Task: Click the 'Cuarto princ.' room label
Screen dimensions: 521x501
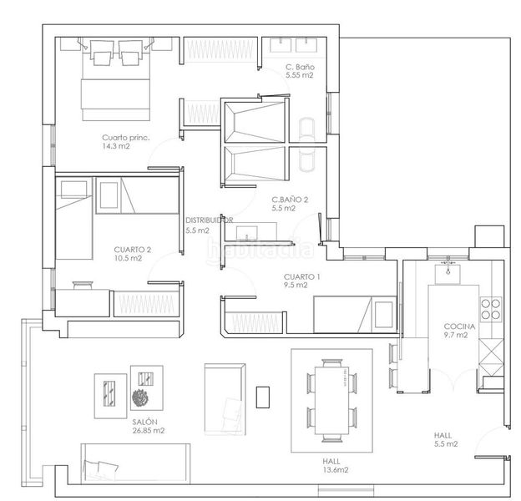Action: click(x=126, y=138)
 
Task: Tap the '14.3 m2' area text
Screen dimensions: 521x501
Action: click(x=116, y=146)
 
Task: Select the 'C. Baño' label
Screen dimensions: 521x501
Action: click(x=300, y=67)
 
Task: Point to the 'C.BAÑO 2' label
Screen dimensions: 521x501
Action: click(x=290, y=200)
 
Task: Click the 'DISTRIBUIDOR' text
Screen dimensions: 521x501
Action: click(x=210, y=220)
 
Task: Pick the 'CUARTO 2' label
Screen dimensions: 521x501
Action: click(x=132, y=250)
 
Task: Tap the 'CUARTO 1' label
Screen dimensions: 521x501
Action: click(x=301, y=276)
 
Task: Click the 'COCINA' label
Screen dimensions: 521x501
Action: click(x=459, y=326)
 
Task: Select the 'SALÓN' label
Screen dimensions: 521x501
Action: click(x=145, y=422)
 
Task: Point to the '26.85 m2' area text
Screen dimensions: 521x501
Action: click(x=149, y=431)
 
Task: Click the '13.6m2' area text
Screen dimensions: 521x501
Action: click(x=336, y=470)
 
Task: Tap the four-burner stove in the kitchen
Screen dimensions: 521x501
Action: click(x=490, y=309)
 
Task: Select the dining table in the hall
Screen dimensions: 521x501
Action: click(x=332, y=400)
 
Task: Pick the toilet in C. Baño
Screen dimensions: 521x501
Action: click(x=306, y=129)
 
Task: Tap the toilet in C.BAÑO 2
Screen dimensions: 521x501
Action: click(x=306, y=159)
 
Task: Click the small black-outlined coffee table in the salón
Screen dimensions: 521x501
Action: click(x=262, y=397)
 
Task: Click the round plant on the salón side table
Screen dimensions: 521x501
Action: click(x=139, y=397)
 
